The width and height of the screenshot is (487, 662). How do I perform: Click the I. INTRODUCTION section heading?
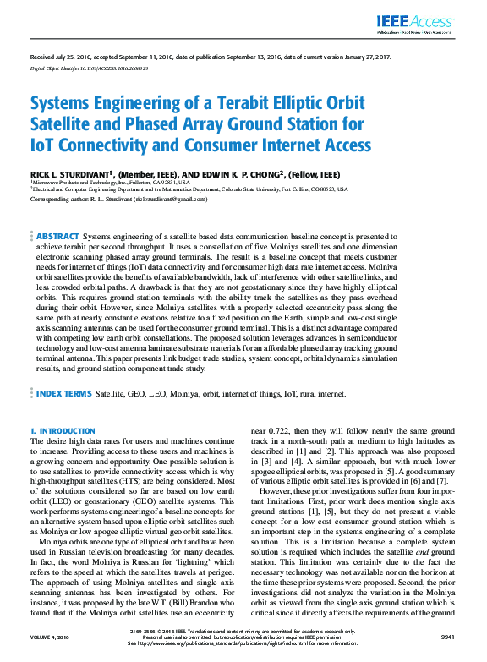63,431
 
